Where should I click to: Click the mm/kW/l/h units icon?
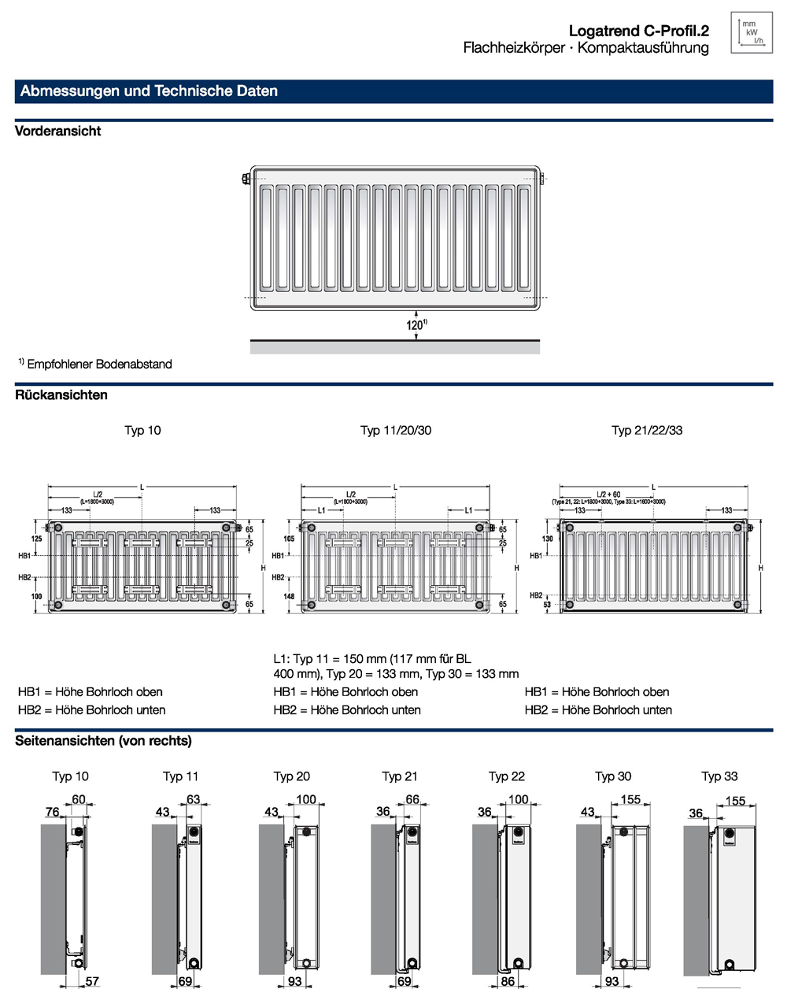(751, 32)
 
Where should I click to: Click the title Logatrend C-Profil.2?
(638, 31)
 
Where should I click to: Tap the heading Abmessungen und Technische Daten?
(149, 91)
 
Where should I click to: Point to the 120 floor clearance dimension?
(416, 324)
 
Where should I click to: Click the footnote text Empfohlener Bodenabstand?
(99, 364)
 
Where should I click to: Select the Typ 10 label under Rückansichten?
(142, 430)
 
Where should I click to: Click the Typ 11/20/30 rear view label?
(396, 430)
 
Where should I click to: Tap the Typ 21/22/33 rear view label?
(647, 430)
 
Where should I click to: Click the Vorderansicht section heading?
(58, 131)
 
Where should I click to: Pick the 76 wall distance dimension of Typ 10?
(52, 812)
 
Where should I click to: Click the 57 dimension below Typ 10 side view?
(92, 981)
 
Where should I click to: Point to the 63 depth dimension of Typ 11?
(193, 800)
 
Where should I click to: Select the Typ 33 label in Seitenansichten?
(719, 776)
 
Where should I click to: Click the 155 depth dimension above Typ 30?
(630, 800)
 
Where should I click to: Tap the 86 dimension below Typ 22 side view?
(508, 981)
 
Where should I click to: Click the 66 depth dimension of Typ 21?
(412, 800)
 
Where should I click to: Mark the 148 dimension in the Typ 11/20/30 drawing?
(289, 597)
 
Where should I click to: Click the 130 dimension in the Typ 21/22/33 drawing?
(548, 539)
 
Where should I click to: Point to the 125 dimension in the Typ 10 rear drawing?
(36, 539)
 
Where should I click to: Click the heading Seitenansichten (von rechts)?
(103, 741)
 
